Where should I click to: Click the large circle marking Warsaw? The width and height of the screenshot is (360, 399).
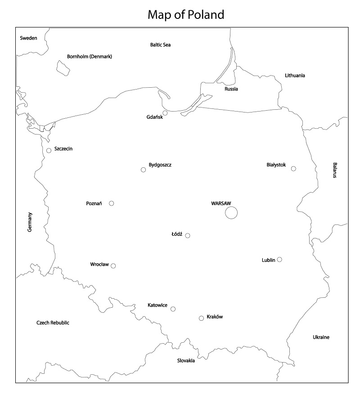pyautogui.click(x=231, y=212)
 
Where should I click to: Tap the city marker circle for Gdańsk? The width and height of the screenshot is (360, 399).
pyautogui.click(x=165, y=113)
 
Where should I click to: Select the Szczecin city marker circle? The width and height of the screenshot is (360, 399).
pyautogui.click(x=49, y=151)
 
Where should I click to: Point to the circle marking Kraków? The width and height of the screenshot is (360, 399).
pyautogui.click(x=201, y=318)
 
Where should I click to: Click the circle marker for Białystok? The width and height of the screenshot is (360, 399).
pyautogui.click(x=293, y=169)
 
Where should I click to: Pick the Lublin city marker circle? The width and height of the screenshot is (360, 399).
pyautogui.click(x=279, y=260)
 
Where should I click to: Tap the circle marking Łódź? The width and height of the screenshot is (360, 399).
pyautogui.click(x=188, y=236)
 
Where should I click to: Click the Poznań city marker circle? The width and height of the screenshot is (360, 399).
pyautogui.click(x=112, y=203)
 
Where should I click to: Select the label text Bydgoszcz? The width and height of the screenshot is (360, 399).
pyautogui.click(x=160, y=165)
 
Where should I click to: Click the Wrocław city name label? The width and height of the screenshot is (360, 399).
pyautogui.click(x=99, y=264)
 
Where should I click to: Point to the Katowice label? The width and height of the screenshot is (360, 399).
pyautogui.click(x=157, y=305)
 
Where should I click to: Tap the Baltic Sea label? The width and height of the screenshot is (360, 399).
pyautogui.click(x=161, y=45)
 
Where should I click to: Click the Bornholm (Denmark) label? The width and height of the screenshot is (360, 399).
pyautogui.click(x=90, y=57)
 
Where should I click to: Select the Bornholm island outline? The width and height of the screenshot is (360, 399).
pyautogui.click(x=63, y=67)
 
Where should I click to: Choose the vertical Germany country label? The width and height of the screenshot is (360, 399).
pyautogui.click(x=30, y=222)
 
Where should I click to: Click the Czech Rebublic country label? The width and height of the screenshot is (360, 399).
pyautogui.click(x=53, y=323)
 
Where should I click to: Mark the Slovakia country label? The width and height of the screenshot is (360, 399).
pyautogui.click(x=186, y=360)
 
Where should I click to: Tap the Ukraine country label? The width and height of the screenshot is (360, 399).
pyautogui.click(x=321, y=337)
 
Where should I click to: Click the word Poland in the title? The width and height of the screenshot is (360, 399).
pyautogui.click(x=205, y=15)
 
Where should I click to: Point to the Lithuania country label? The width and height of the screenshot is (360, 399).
pyautogui.click(x=295, y=76)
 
